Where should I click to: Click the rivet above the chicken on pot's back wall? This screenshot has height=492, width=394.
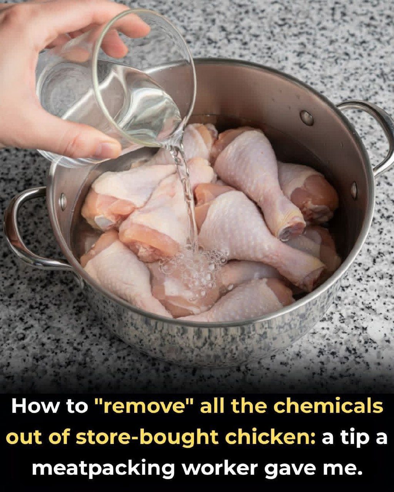click(307, 118)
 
